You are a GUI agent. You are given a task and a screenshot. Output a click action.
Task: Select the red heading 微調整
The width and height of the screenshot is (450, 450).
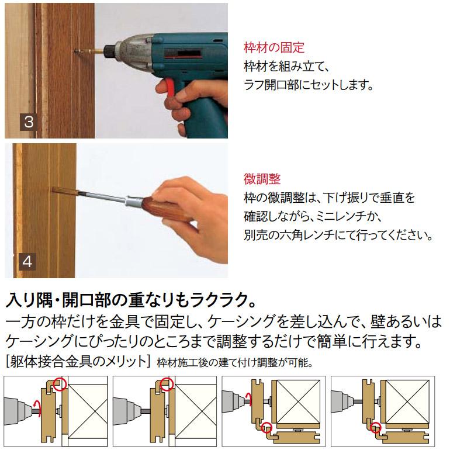click(262, 179)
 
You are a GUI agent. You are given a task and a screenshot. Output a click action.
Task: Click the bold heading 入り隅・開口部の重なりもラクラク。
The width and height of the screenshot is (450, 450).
click(131, 303)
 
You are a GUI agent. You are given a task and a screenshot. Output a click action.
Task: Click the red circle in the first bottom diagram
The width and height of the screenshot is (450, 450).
click(60, 384)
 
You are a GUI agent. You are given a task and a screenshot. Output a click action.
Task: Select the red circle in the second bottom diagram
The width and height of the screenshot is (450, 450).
click(168, 384)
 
